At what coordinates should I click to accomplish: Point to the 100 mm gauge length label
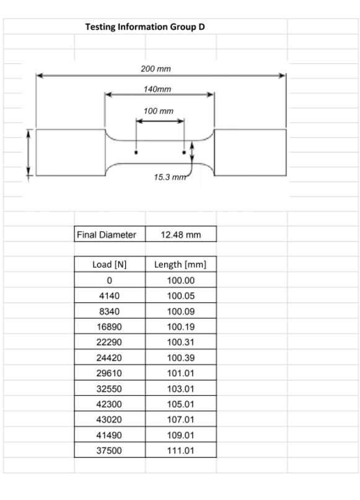pyautogui.click(x=159, y=112)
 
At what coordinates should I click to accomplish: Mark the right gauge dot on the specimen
pyautogui.click(x=183, y=151)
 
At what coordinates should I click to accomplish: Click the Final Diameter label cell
pyautogui.click(x=110, y=235)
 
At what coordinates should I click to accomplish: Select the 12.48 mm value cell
pyautogui.click(x=181, y=235)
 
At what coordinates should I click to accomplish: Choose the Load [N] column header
pyautogui.click(x=110, y=265)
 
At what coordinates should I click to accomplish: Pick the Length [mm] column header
pyautogui.click(x=181, y=265)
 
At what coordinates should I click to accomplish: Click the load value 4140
pyautogui.click(x=110, y=296)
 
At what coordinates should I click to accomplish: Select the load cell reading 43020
pyautogui.click(x=110, y=419)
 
